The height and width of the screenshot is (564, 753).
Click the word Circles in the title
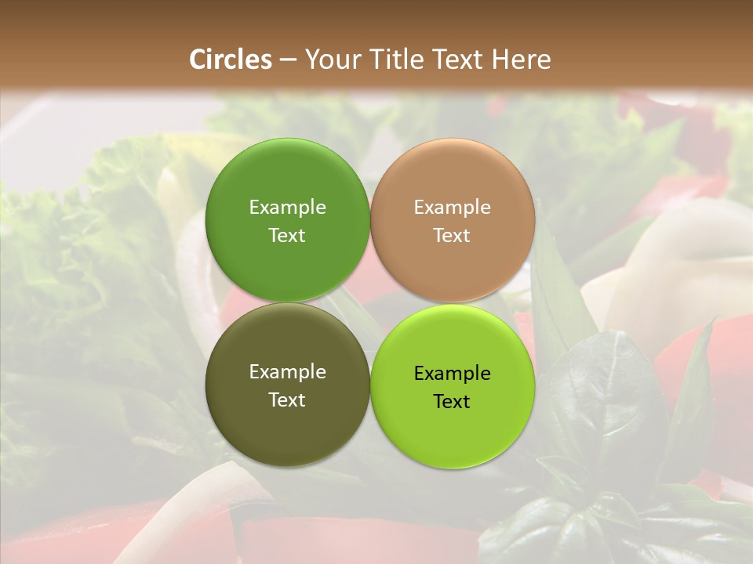click(x=231, y=60)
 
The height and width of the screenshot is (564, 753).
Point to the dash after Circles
click(x=288, y=60)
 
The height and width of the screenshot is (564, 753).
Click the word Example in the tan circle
click(x=452, y=208)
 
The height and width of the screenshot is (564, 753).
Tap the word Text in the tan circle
click(x=452, y=235)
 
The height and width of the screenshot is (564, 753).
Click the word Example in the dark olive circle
click(x=287, y=372)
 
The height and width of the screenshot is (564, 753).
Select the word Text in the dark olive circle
click(x=287, y=399)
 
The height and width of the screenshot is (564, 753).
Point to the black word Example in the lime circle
click(x=452, y=374)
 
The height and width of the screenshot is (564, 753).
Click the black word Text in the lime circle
click(x=452, y=401)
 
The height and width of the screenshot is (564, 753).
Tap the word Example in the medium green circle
click(x=287, y=208)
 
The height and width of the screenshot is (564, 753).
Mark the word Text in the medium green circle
click(x=287, y=235)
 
